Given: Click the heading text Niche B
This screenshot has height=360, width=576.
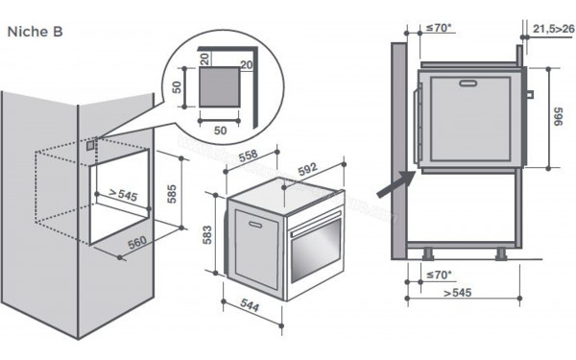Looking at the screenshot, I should pyautogui.click(x=36, y=31).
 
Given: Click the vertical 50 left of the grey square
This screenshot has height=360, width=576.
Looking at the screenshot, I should pyautogui.click(x=176, y=87).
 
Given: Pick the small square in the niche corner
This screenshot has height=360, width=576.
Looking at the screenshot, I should pyautogui.click(x=91, y=146).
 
